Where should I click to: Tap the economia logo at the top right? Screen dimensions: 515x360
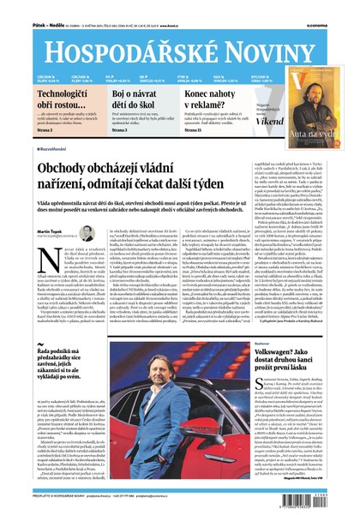(x=336, y=9)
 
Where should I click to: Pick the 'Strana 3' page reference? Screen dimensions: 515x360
(x=123, y=129)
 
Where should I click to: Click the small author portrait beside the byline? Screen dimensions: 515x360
(x=86, y=231)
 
